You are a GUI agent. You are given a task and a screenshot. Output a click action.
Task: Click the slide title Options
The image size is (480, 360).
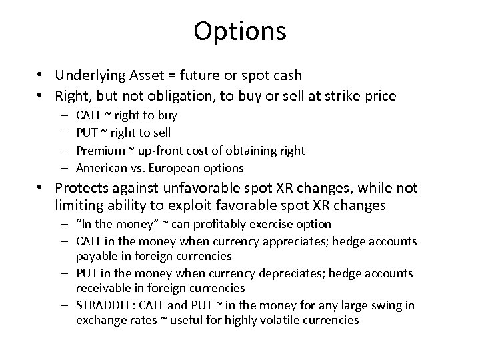point(240,31)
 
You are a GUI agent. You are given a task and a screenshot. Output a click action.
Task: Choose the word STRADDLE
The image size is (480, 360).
point(104,306)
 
